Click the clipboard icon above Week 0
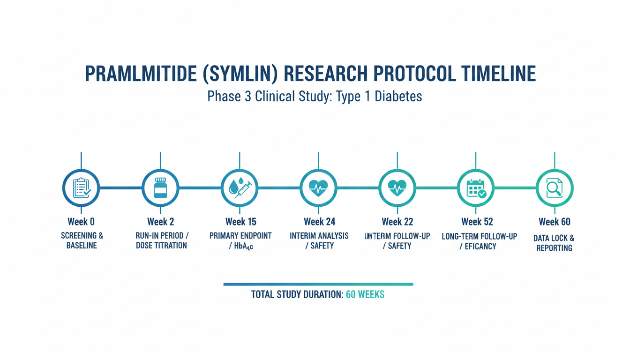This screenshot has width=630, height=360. (82, 188)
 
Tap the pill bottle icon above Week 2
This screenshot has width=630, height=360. (161, 188)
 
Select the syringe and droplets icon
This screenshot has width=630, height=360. (240, 187)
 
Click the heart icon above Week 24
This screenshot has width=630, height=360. (318, 188)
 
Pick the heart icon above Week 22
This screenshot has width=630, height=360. (397, 188)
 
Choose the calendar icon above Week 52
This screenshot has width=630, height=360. (476, 188)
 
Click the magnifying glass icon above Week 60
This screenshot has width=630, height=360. (555, 188)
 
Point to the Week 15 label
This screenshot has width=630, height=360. (241, 222)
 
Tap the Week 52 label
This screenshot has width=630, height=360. (477, 222)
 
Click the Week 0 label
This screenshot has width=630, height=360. (81, 222)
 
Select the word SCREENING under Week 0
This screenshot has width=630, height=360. (79, 236)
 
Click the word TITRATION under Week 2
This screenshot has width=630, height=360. (170, 246)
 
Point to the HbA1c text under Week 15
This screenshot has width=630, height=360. (244, 247)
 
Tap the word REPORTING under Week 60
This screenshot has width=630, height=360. (555, 248)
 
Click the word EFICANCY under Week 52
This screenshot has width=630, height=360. (480, 247)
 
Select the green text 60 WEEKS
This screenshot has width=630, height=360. (365, 294)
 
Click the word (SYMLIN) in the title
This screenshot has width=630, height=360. (240, 74)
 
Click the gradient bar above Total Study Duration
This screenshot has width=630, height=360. (318, 285)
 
